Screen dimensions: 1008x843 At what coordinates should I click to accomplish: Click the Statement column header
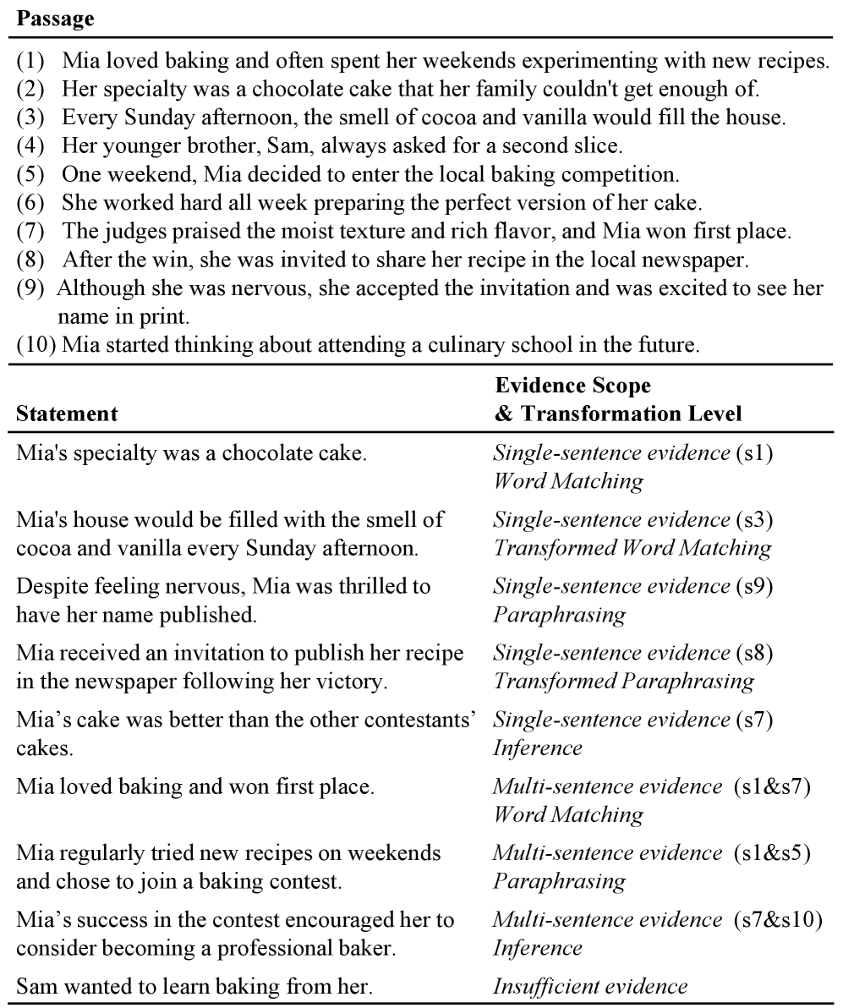point(67,414)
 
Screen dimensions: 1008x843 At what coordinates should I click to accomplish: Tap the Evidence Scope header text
point(572,386)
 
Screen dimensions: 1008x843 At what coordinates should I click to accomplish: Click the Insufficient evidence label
point(590,985)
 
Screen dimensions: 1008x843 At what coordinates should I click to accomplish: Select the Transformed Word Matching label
point(632,548)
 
